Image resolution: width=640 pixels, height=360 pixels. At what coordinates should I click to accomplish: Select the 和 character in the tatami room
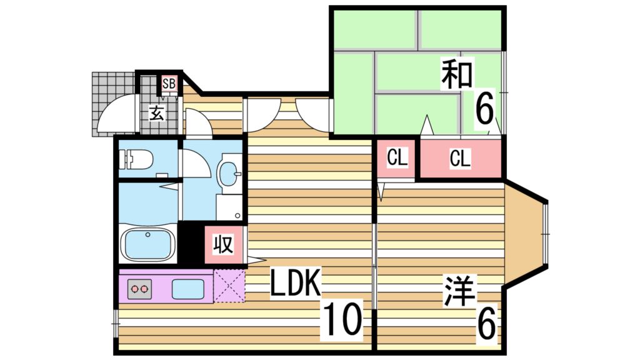click(x=457, y=73)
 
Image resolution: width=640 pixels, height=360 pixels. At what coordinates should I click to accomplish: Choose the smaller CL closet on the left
click(x=397, y=158)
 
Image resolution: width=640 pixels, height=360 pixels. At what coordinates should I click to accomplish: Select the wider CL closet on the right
click(x=460, y=159)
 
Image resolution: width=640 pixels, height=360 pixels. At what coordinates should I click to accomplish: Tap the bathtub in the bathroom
click(x=148, y=244)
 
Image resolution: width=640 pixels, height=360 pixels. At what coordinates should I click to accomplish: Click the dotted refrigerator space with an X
click(x=229, y=285)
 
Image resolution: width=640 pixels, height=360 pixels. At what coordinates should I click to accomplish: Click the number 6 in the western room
click(x=487, y=323)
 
